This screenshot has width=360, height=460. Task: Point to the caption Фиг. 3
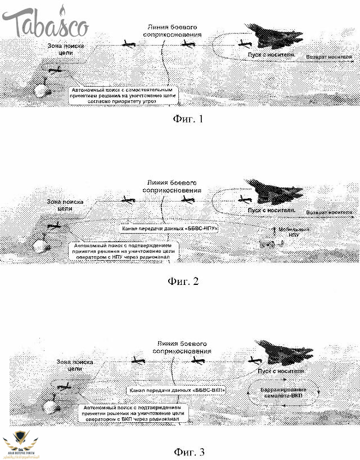(x=183, y=451)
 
